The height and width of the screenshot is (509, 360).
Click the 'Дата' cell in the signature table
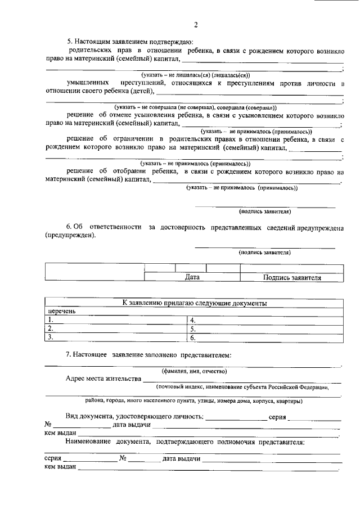[192, 277]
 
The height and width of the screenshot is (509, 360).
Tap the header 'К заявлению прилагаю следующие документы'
[194, 303]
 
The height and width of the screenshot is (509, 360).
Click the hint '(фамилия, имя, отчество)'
[194, 371]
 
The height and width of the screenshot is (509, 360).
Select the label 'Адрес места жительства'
[103, 379]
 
